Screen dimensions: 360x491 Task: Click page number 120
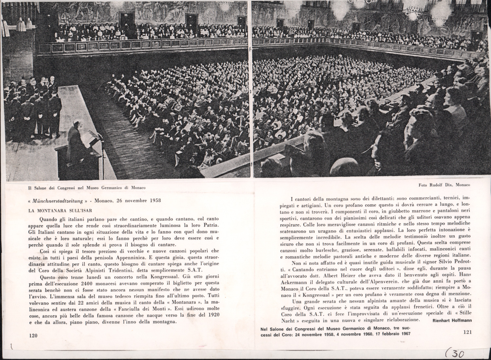tap(33, 335)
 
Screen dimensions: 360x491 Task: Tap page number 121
tap(467, 332)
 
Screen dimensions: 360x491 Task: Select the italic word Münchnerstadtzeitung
tap(58, 200)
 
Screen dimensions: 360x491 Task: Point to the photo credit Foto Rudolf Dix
tap(444, 185)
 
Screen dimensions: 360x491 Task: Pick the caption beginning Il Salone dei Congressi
tap(86, 188)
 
